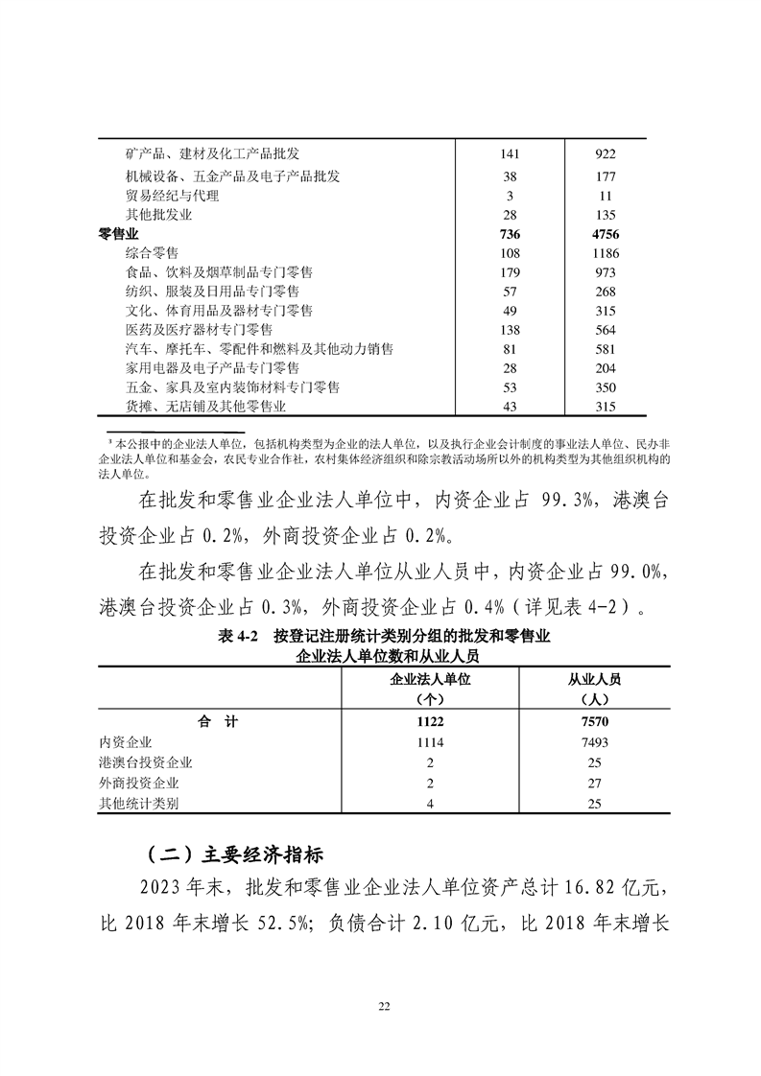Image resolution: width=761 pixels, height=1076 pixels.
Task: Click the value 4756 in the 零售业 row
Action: pos(605,234)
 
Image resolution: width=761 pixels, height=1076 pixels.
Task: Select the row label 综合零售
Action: pos(152,253)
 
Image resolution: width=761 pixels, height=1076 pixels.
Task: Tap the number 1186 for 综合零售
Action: pos(605,253)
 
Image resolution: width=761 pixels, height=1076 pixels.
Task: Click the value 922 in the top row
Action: pos(605,153)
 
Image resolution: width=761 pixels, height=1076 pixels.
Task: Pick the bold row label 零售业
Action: pos(118,234)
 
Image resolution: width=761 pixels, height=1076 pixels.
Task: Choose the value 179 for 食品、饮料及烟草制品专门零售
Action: pos(511,272)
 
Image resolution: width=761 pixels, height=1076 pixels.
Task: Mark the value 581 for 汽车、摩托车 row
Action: pos(605,349)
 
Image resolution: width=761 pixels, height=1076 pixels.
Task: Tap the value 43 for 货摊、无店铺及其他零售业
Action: pos(511,407)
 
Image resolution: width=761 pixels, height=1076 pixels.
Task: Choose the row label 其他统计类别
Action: pos(138,804)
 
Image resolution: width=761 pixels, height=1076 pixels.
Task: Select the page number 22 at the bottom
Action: pos(383,1006)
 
